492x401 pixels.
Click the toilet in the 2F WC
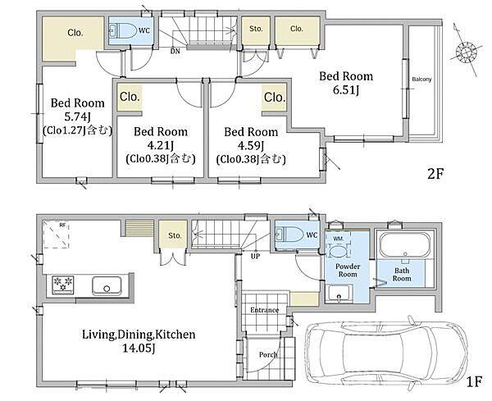123,30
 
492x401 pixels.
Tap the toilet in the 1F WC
289,235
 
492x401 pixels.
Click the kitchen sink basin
107,285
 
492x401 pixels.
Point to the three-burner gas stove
63,285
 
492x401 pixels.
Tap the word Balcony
421,79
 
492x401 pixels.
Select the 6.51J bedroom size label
346,90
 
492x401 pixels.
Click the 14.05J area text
139,348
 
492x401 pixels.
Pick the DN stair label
175,51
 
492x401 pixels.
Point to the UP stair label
255,256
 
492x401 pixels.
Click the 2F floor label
435,174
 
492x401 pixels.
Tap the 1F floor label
473,381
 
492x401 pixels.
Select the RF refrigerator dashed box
56,234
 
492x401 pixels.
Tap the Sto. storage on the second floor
256,30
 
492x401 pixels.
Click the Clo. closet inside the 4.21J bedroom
130,97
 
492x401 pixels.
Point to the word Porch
268,354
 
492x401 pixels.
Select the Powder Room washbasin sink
339,294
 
